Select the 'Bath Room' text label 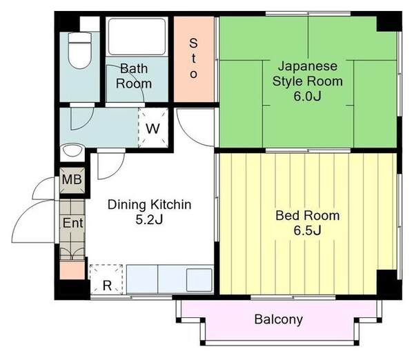(x=133, y=76)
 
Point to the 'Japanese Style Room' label (x=308, y=74)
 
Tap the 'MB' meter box (x=72, y=181)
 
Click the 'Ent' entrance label (x=72, y=223)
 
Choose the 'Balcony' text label (x=278, y=319)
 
